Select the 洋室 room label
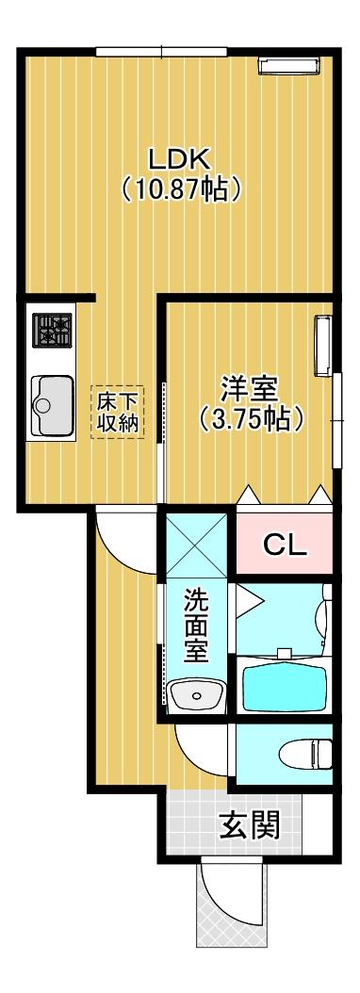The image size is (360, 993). tap(250, 387)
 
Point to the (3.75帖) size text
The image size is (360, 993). tap(251, 418)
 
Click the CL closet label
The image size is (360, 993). tap(284, 545)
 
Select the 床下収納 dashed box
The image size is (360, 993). tap(118, 412)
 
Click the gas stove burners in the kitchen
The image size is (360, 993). tap(53, 330)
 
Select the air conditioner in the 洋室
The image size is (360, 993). tap(323, 343)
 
